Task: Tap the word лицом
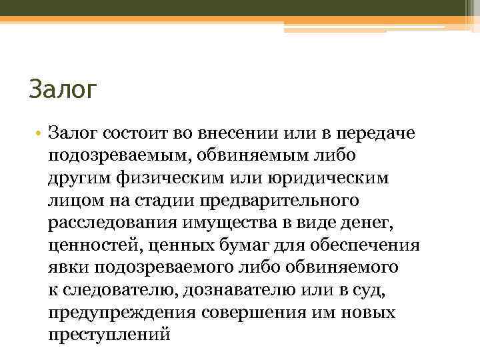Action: [74, 201]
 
